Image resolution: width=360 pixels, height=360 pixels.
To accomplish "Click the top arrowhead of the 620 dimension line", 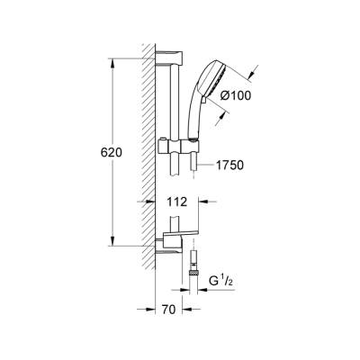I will pos(113,67).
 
